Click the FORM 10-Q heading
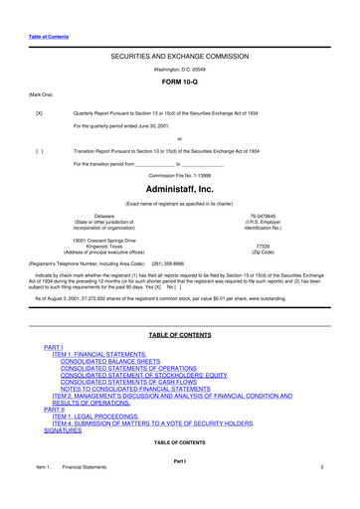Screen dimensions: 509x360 pyautogui.click(x=179, y=82)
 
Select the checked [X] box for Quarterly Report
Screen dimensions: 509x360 pyautogui.click(x=39, y=113)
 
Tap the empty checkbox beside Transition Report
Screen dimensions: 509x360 pyautogui.click(x=39, y=151)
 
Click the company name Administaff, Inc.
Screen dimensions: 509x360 pyautogui.click(x=179, y=188)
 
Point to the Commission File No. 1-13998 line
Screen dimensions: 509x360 pyautogui.click(x=179, y=175)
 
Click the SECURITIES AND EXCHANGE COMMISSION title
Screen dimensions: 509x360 pyautogui.click(x=179, y=60)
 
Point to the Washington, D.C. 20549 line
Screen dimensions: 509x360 pyautogui.click(x=179, y=71)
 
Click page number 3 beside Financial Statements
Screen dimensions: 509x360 pyautogui.click(x=322, y=494)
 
